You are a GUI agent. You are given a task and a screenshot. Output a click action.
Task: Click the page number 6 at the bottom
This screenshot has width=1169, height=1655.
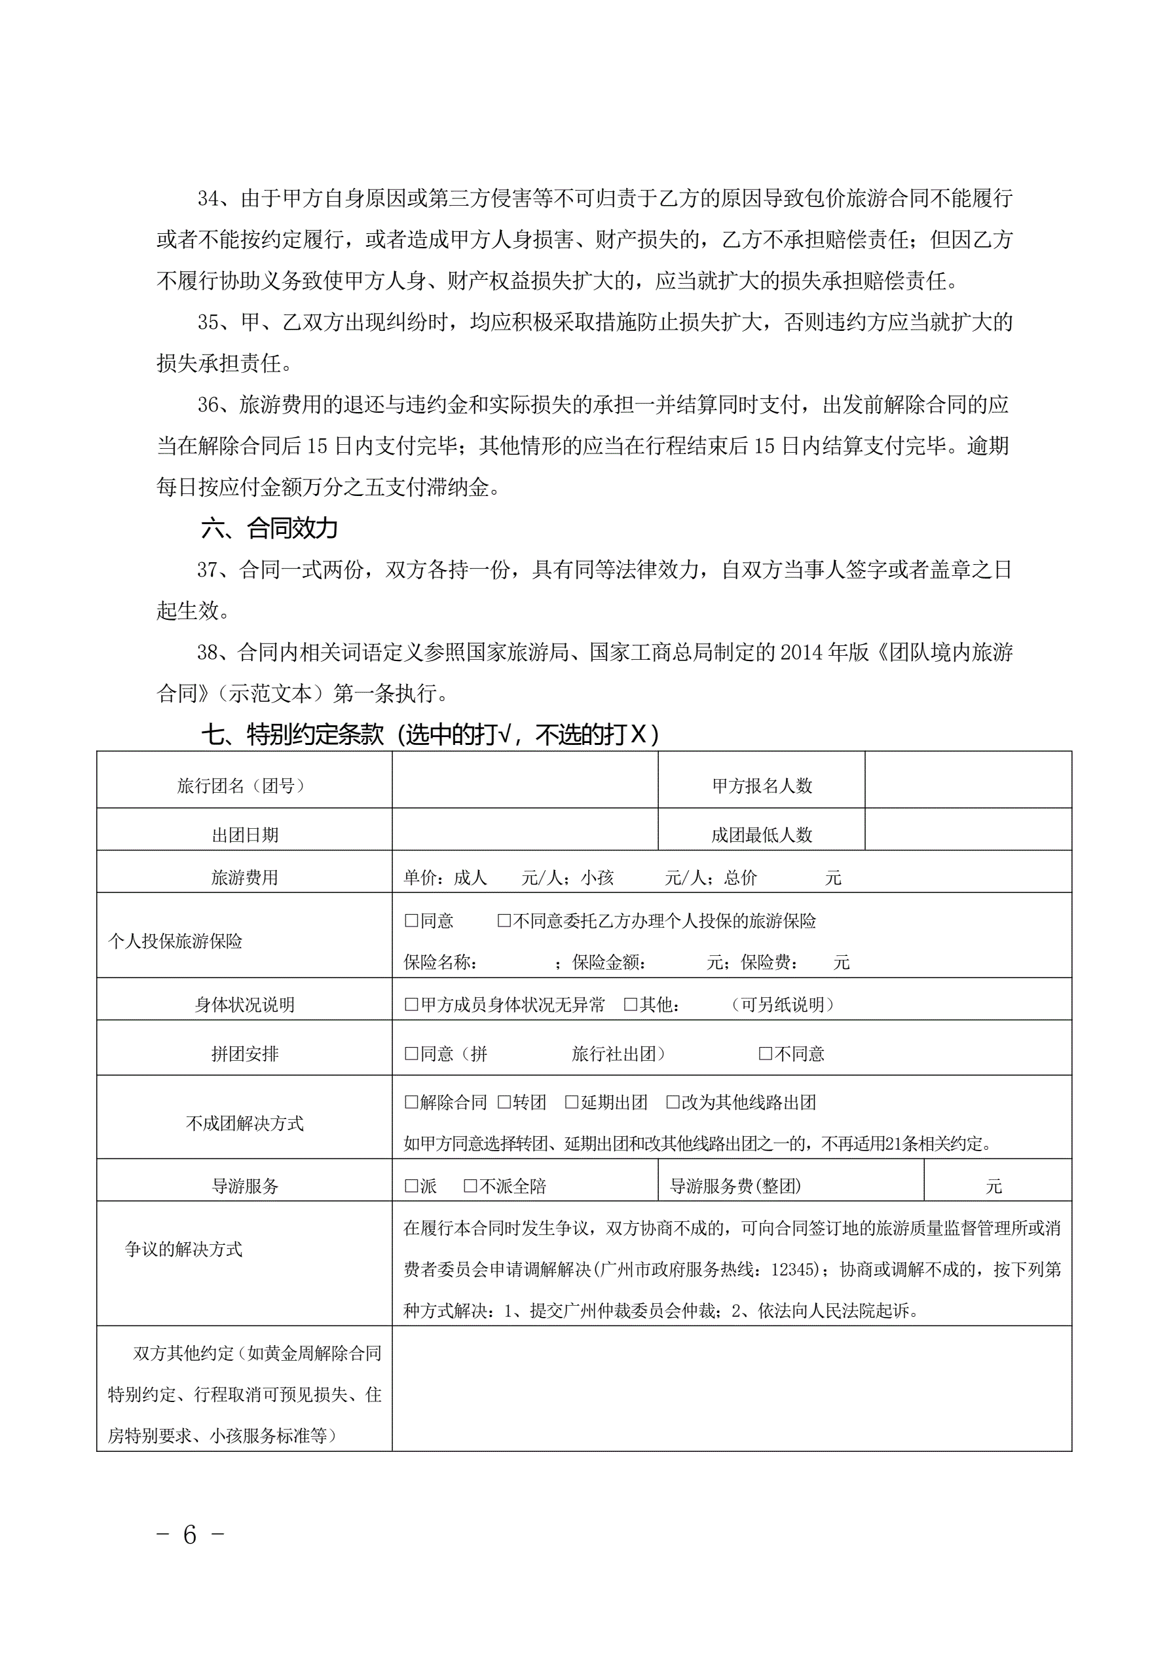tap(189, 1535)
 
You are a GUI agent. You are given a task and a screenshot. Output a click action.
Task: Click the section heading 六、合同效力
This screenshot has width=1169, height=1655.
tap(269, 528)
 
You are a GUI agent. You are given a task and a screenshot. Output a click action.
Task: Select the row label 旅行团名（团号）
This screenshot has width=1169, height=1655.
tap(244, 786)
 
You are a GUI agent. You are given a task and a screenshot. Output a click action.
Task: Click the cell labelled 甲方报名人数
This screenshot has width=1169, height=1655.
tap(762, 786)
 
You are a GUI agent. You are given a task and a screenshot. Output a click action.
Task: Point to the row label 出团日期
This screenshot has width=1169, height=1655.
tap(244, 835)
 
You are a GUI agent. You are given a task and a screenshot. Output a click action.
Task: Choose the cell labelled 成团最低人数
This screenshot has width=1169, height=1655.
tap(762, 835)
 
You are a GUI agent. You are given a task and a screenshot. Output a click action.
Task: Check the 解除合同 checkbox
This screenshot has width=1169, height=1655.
tap(411, 1101)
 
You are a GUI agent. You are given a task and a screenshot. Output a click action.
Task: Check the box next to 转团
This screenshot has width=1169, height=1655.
tap(504, 1101)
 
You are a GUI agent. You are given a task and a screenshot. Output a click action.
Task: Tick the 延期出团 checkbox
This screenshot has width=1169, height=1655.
tap(572, 1101)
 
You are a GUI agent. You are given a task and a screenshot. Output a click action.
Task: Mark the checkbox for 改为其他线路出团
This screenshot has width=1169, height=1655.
tap(673, 1101)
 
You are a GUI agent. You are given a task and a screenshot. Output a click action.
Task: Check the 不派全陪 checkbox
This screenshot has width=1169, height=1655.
tap(470, 1186)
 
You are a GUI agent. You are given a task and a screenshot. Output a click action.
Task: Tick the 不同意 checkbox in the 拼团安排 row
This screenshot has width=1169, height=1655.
tap(766, 1054)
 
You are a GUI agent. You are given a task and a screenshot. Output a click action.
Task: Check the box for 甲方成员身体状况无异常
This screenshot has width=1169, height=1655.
tap(411, 1004)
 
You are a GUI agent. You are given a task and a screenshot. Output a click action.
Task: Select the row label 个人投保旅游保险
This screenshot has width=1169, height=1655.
tap(175, 941)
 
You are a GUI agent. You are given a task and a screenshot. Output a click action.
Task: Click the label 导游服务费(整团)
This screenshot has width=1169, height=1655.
tap(735, 1186)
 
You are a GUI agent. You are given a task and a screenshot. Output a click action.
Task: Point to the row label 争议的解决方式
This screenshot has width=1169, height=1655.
tap(183, 1249)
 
